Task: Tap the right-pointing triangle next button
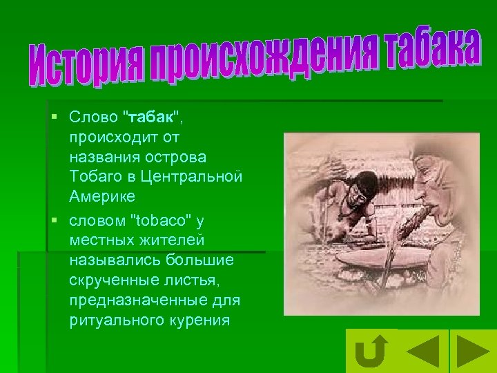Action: coord(474,350)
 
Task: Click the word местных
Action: coord(103,240)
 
